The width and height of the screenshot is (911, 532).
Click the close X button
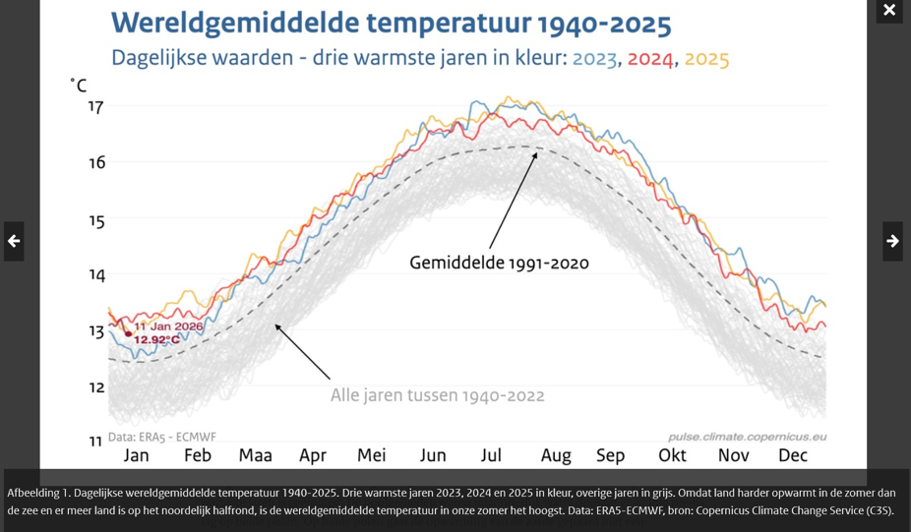tap(889, 11)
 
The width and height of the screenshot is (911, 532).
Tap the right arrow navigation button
tap(892, 241)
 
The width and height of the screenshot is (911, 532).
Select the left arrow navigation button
tap(14, 241)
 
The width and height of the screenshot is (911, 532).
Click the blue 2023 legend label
tap(594, 59)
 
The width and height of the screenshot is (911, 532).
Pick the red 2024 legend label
tap(650, 59)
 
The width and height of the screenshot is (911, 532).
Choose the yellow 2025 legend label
tap(706, 59)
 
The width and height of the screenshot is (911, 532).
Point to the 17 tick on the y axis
tap(96, 106)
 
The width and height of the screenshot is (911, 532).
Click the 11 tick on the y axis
tap(96, 442)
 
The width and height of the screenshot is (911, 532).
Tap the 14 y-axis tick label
tap(96, 274)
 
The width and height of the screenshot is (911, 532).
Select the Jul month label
tap(491, 455)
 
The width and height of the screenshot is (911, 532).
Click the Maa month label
tap(256, 455)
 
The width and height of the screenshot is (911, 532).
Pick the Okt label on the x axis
tap(672, 455)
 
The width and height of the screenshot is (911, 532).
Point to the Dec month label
tap(793, 455)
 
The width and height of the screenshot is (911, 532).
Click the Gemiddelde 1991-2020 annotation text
tap(499, 264)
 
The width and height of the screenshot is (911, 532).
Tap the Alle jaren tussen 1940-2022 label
tap(437, 395)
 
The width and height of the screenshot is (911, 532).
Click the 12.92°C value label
tap(157, 340)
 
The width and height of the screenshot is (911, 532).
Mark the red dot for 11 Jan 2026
tap(128, 334)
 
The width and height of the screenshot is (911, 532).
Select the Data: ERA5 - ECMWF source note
tap(161, 437)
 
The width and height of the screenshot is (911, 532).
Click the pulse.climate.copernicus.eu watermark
tap(747, 437)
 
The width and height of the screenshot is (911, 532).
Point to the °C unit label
tap(79, 87)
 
